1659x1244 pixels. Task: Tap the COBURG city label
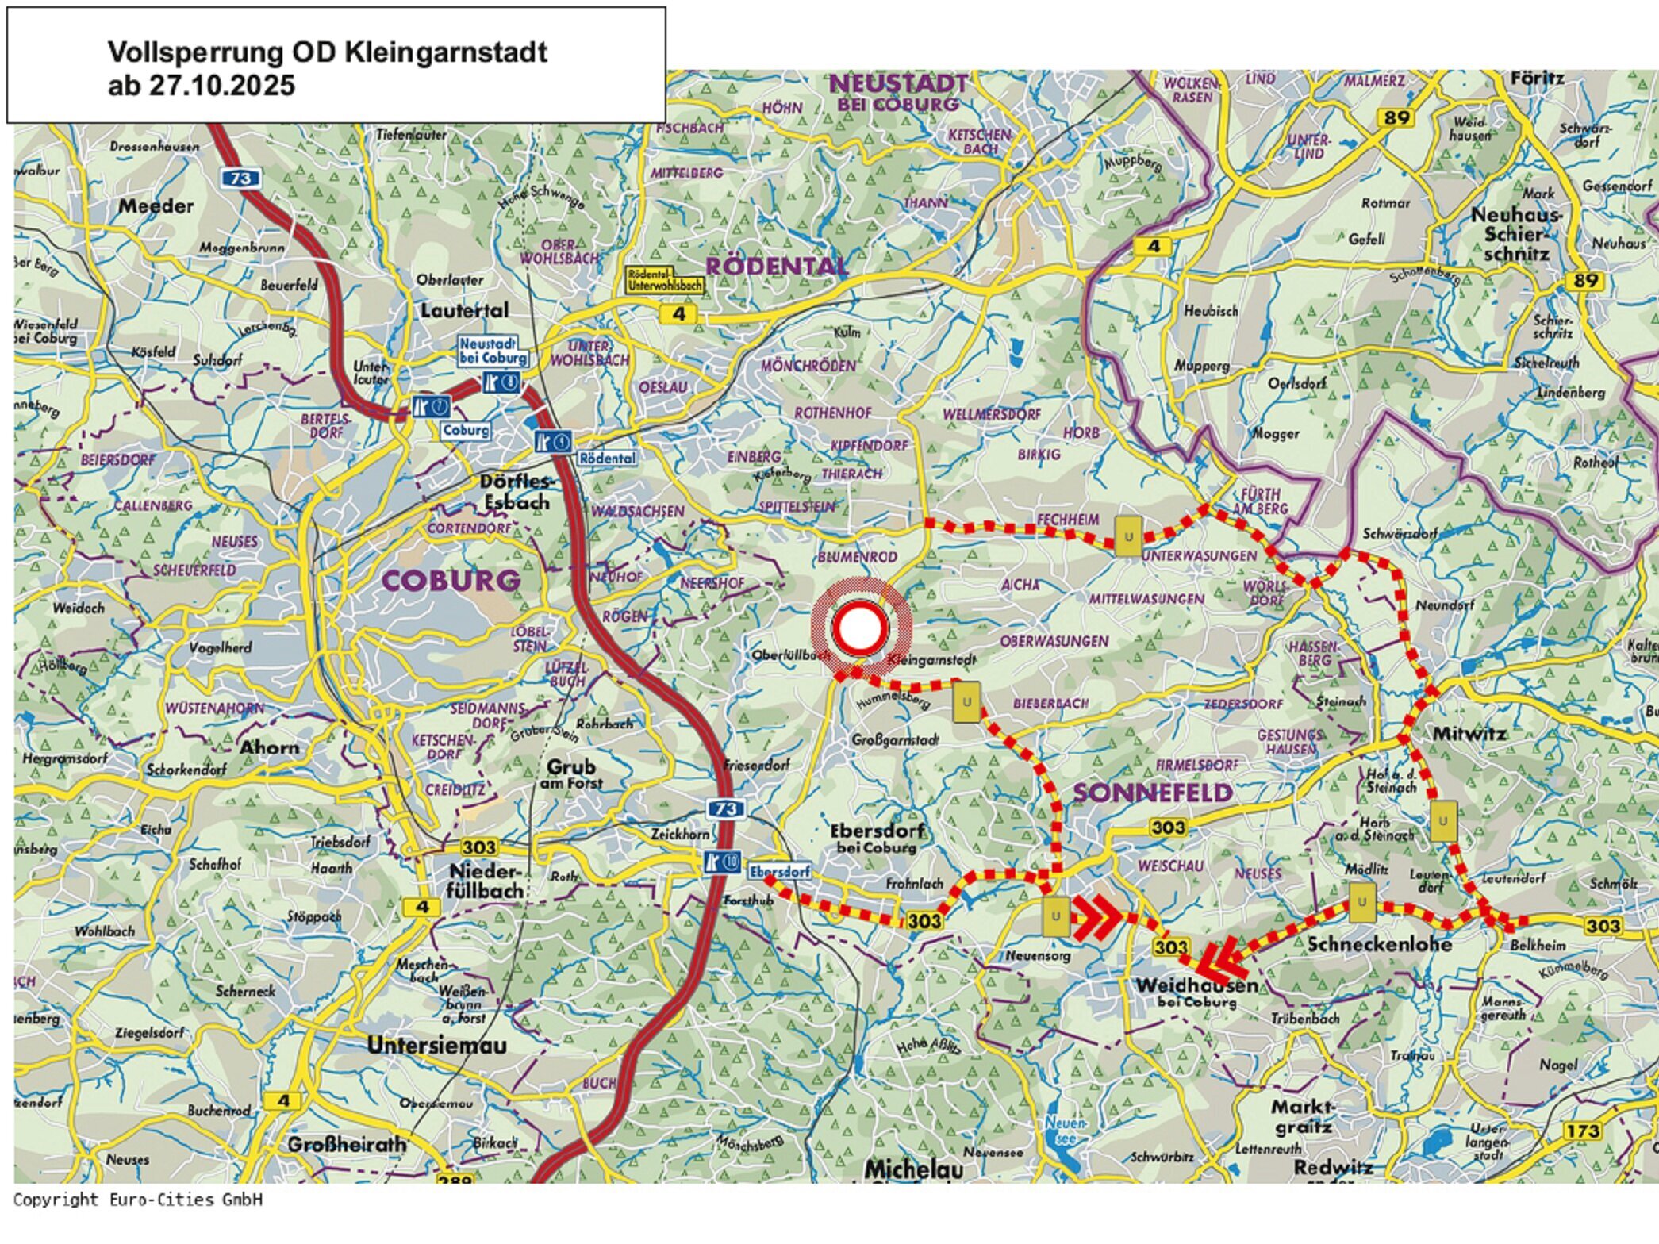(451, 580)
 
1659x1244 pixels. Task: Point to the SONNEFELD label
(1153, 792)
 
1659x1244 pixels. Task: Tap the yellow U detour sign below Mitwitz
(1442, 820)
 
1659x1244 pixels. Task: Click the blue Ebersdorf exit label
(780, 872)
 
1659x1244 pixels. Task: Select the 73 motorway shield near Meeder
(240, 179)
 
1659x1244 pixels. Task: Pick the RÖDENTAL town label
(776, 266)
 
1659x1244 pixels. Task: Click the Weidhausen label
(1196, 986)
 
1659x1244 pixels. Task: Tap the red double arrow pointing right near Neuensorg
(1098, 917)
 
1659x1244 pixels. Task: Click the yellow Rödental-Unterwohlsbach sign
(665, 280)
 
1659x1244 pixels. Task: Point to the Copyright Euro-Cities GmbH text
(138, 1199)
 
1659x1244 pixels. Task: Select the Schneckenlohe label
(1379, 944)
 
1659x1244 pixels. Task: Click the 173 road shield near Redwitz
(1582, 1131)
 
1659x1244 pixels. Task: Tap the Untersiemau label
(436, 1046)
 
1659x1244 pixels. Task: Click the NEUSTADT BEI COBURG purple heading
(898, 93)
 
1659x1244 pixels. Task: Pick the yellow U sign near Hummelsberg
(966, 702)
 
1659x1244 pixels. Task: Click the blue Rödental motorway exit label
(606, 459)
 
